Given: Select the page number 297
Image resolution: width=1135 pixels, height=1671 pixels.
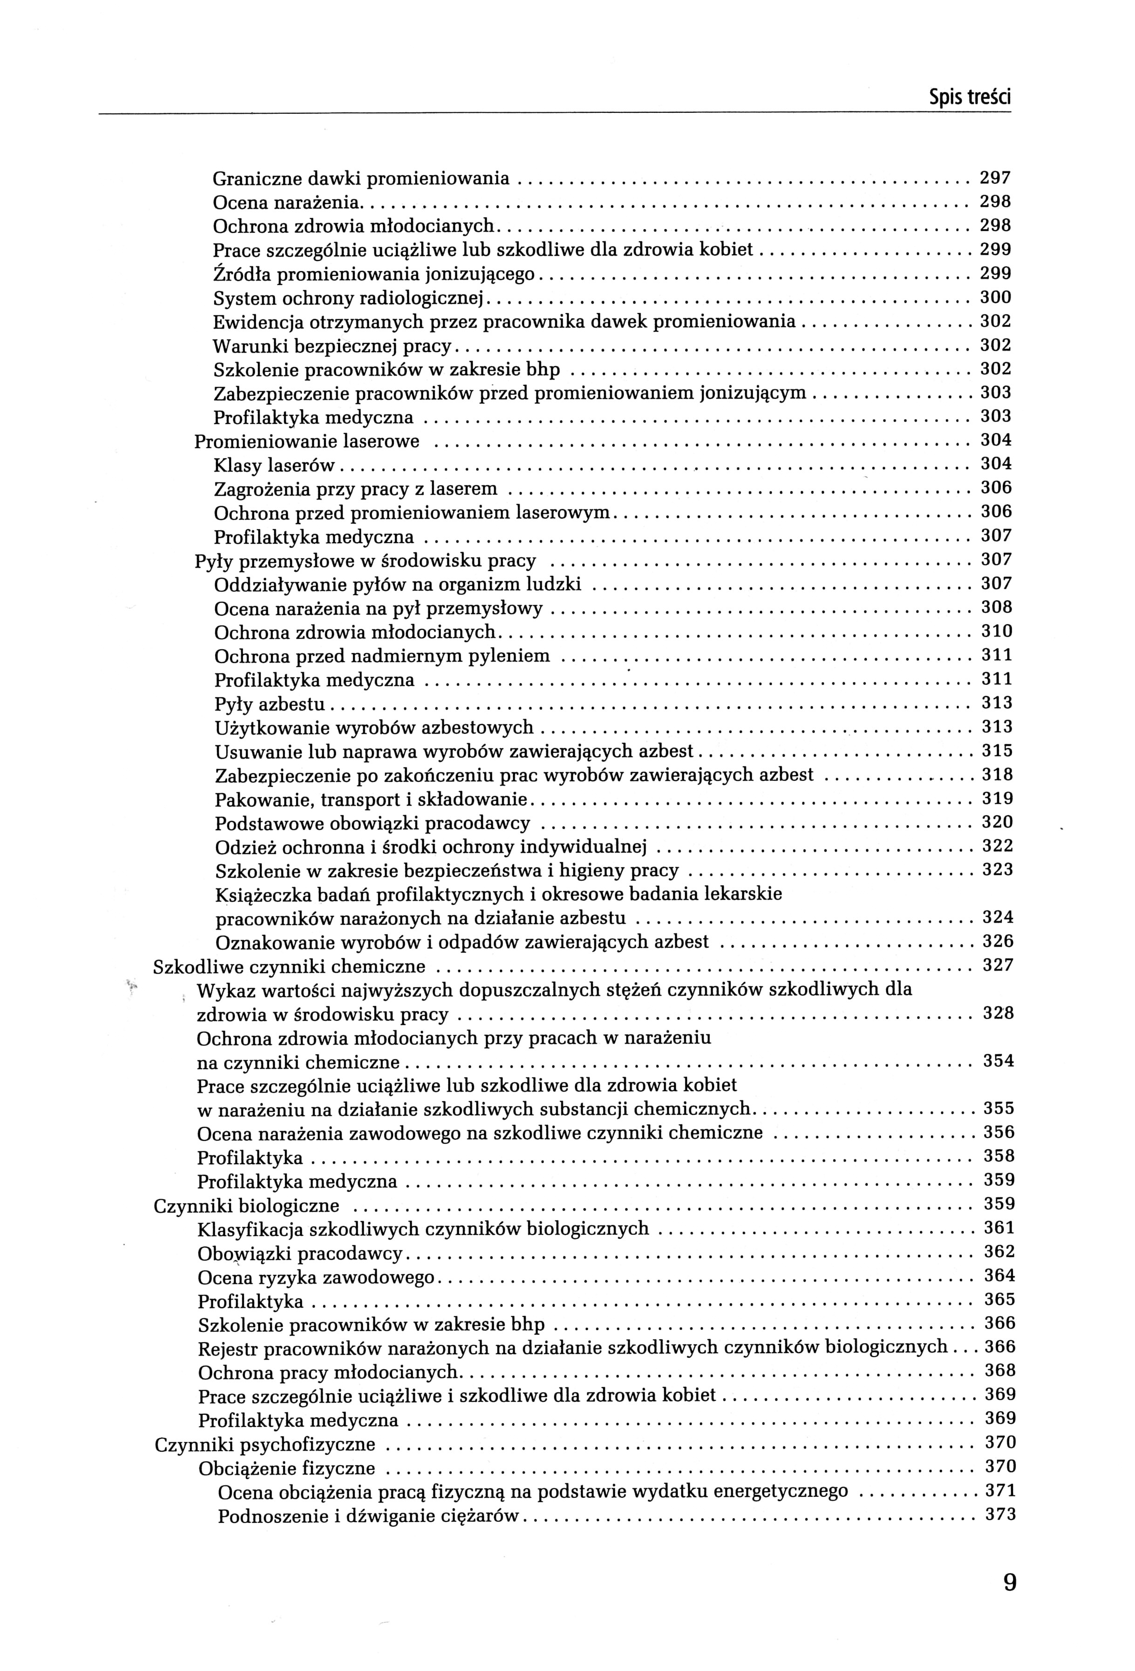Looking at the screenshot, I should point(996,177).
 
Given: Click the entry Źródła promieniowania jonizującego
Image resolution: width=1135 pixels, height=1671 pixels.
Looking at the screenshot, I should point(374,274).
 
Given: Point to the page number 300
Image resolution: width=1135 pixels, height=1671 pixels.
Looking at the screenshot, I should point(996,297).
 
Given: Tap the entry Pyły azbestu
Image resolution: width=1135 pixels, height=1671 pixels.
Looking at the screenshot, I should point(270,704).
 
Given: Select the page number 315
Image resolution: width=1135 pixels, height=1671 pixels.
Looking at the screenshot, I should point(997,750).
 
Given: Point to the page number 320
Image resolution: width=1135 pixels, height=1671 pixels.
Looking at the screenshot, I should point(997,822).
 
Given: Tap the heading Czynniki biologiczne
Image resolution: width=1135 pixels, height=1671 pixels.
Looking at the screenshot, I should point(246,1206).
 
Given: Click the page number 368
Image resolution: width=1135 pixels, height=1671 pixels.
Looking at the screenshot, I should point(999,1371).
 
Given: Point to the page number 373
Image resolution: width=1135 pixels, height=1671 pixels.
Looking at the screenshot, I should point(1000,1515).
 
